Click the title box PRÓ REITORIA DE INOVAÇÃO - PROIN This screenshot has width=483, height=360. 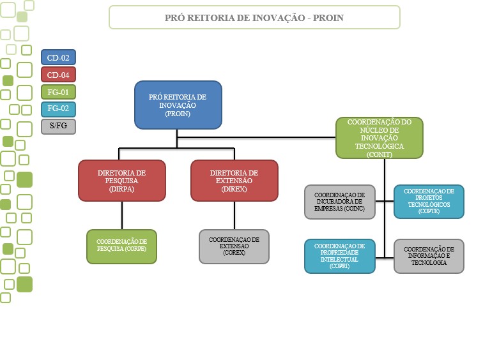[x=254, y=17]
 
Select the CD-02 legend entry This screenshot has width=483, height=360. [x=58, y=58]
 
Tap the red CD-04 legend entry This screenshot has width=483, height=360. [x=58, y=75]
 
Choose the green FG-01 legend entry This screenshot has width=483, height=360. [x=58, y=92]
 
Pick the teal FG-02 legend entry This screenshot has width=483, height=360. [x=58, y=109]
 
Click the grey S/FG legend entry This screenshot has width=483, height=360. [x=58, y=126]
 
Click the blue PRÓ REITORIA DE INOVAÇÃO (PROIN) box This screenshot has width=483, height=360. [x=178, y=105]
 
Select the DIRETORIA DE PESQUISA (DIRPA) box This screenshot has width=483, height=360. [x=122, y=181]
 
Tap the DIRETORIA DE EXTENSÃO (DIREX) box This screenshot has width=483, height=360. [x=234, y=181]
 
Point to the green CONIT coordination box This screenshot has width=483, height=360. [x=379, y=137]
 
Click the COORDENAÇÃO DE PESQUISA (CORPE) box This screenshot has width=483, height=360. [x=122, y=246]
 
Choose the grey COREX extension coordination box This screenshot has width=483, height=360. [x=234, y=246]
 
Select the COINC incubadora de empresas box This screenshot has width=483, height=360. [x=339, y=201]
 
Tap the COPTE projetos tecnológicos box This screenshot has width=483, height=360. [x=429, y=201]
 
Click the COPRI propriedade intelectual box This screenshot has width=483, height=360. [x=339, y=255]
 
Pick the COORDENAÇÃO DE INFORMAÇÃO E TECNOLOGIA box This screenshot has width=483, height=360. [x=429, y=255]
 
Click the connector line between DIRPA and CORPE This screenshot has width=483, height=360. [x=119, y=215]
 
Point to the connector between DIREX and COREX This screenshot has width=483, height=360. [x=235, y=215]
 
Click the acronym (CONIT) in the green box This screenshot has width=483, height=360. [x=379, y=154]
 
